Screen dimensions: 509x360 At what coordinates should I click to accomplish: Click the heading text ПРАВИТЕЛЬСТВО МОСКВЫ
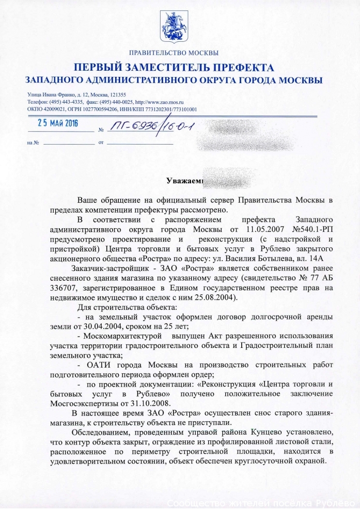174,53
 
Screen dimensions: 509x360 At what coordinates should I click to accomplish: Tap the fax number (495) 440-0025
118,102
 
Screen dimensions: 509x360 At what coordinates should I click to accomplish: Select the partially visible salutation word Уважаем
183,181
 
